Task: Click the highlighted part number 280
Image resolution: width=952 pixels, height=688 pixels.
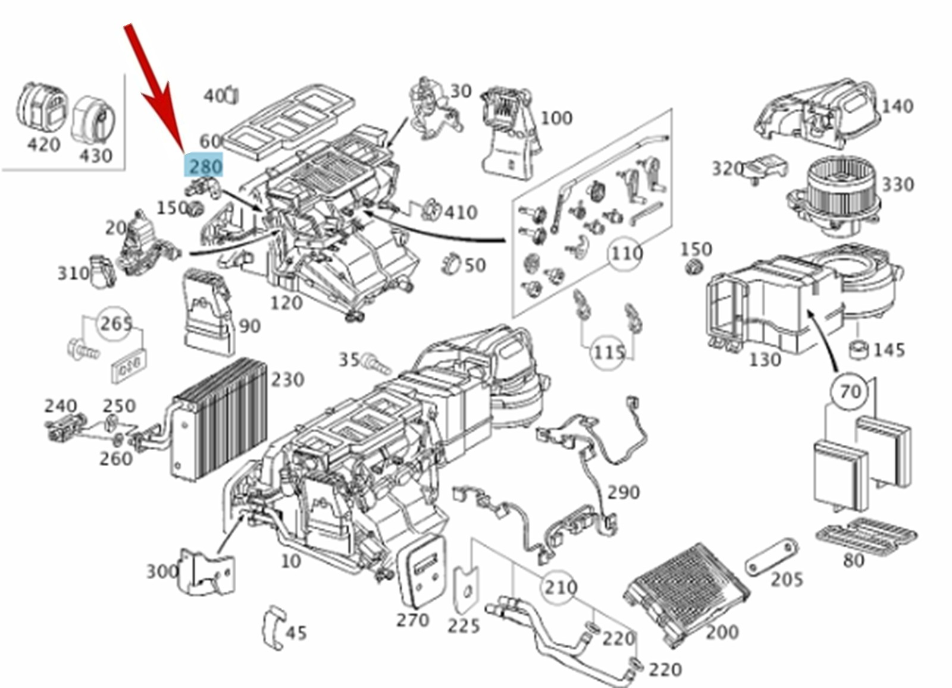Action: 205,166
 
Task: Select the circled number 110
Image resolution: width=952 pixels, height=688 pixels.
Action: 627,254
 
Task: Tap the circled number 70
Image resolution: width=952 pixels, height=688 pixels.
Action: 850,391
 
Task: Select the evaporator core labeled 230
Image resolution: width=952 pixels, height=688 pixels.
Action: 220,419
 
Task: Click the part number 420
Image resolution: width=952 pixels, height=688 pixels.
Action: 43,144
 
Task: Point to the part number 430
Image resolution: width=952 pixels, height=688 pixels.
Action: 96,155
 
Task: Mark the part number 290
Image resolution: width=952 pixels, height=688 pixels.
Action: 624,492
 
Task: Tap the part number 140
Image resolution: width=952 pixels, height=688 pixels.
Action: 897,106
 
